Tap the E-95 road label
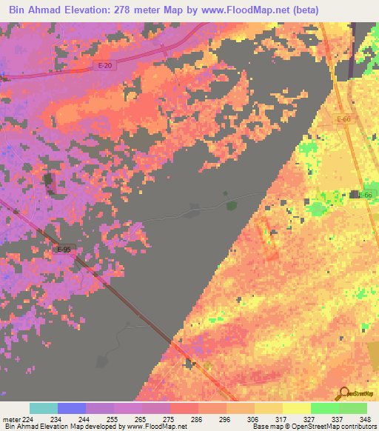[x=64, y=250]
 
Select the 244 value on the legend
[x=94, y=419]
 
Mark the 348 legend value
[x=365, y=419]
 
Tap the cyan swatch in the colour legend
[x=44, y=408]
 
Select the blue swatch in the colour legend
[x=72, y=408]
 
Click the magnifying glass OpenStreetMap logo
[x=345, y=393]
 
